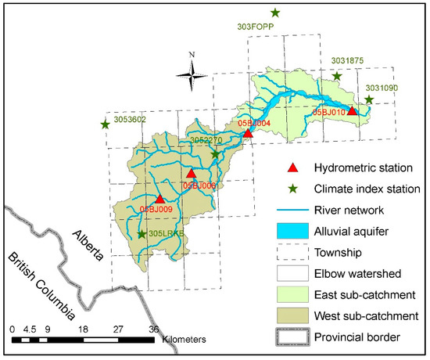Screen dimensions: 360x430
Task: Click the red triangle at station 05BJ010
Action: point(352,111)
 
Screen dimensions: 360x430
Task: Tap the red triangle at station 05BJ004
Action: point(248,133)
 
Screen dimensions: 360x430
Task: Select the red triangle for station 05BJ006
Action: point(191,174)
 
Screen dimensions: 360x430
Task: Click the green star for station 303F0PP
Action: point(275,13)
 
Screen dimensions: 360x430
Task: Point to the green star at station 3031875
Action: point(337,76)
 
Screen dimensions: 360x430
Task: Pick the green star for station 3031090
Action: point(369,99)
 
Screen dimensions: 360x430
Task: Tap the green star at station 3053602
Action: point(106,124)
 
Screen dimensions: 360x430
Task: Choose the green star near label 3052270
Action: point(216,154)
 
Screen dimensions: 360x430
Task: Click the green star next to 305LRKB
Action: point(142,233)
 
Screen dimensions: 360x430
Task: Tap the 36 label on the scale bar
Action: point(155,329)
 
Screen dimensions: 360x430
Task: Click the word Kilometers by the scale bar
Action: point(185,341)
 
